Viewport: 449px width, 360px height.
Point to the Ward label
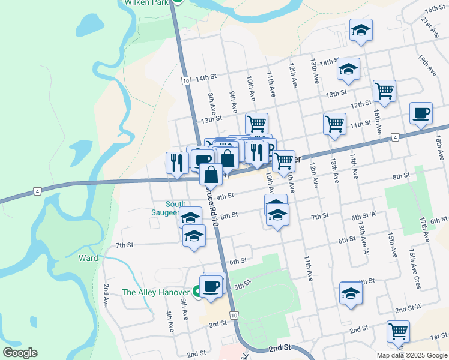(88, 259)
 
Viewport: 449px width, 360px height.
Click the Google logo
(20, 353)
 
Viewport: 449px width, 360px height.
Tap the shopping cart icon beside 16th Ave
(384, 91)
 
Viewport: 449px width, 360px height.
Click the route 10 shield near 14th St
(185, 80)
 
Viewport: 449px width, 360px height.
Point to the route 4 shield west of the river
(37, 191)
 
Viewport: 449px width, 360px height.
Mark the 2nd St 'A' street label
(409, 308)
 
